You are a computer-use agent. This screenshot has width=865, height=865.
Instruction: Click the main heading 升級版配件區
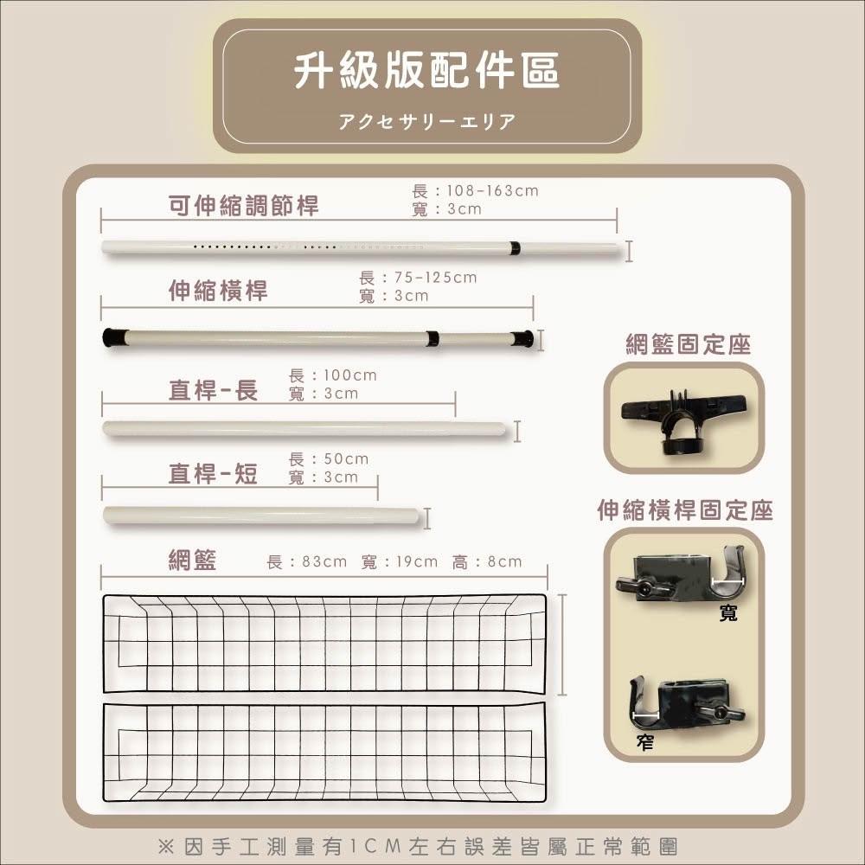(426, 71)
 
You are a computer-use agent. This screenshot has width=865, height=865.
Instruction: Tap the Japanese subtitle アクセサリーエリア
(427, 121)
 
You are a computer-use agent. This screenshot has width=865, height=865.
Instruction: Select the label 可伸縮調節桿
(244, 206)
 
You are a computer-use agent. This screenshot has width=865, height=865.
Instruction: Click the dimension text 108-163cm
(493, 191)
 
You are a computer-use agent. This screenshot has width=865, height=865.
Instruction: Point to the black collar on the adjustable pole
(515, 248)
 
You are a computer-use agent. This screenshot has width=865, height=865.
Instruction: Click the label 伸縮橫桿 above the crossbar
(219, 290)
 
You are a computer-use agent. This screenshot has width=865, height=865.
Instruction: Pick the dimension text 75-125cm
(436, 278)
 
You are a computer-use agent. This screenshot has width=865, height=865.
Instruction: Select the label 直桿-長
(214, 390)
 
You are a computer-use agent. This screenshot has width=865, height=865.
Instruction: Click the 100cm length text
(350, 375)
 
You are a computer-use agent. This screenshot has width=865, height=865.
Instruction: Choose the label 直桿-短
(214, 473)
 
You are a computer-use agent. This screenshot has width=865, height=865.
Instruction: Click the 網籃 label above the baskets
(193, 560)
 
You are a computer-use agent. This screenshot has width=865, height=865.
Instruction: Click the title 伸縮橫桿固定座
(685, 510)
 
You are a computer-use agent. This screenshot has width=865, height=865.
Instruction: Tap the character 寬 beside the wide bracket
(728, 613)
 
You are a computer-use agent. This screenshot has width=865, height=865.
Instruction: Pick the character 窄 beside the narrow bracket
(645, 742)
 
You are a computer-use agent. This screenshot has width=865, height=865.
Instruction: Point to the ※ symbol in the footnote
(165, 846)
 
